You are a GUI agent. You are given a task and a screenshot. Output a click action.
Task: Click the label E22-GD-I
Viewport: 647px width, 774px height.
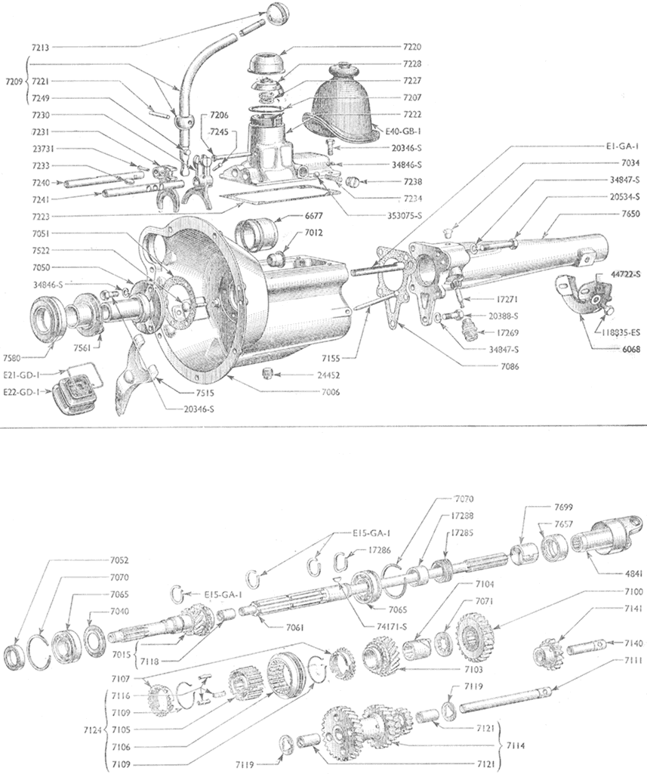coord(21,392)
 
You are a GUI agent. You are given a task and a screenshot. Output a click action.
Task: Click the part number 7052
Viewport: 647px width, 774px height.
coord(119,560)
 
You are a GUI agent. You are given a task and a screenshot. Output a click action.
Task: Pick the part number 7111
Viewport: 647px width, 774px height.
coord(633,660)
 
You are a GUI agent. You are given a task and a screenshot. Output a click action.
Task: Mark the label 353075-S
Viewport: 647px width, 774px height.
coord(398,215)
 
